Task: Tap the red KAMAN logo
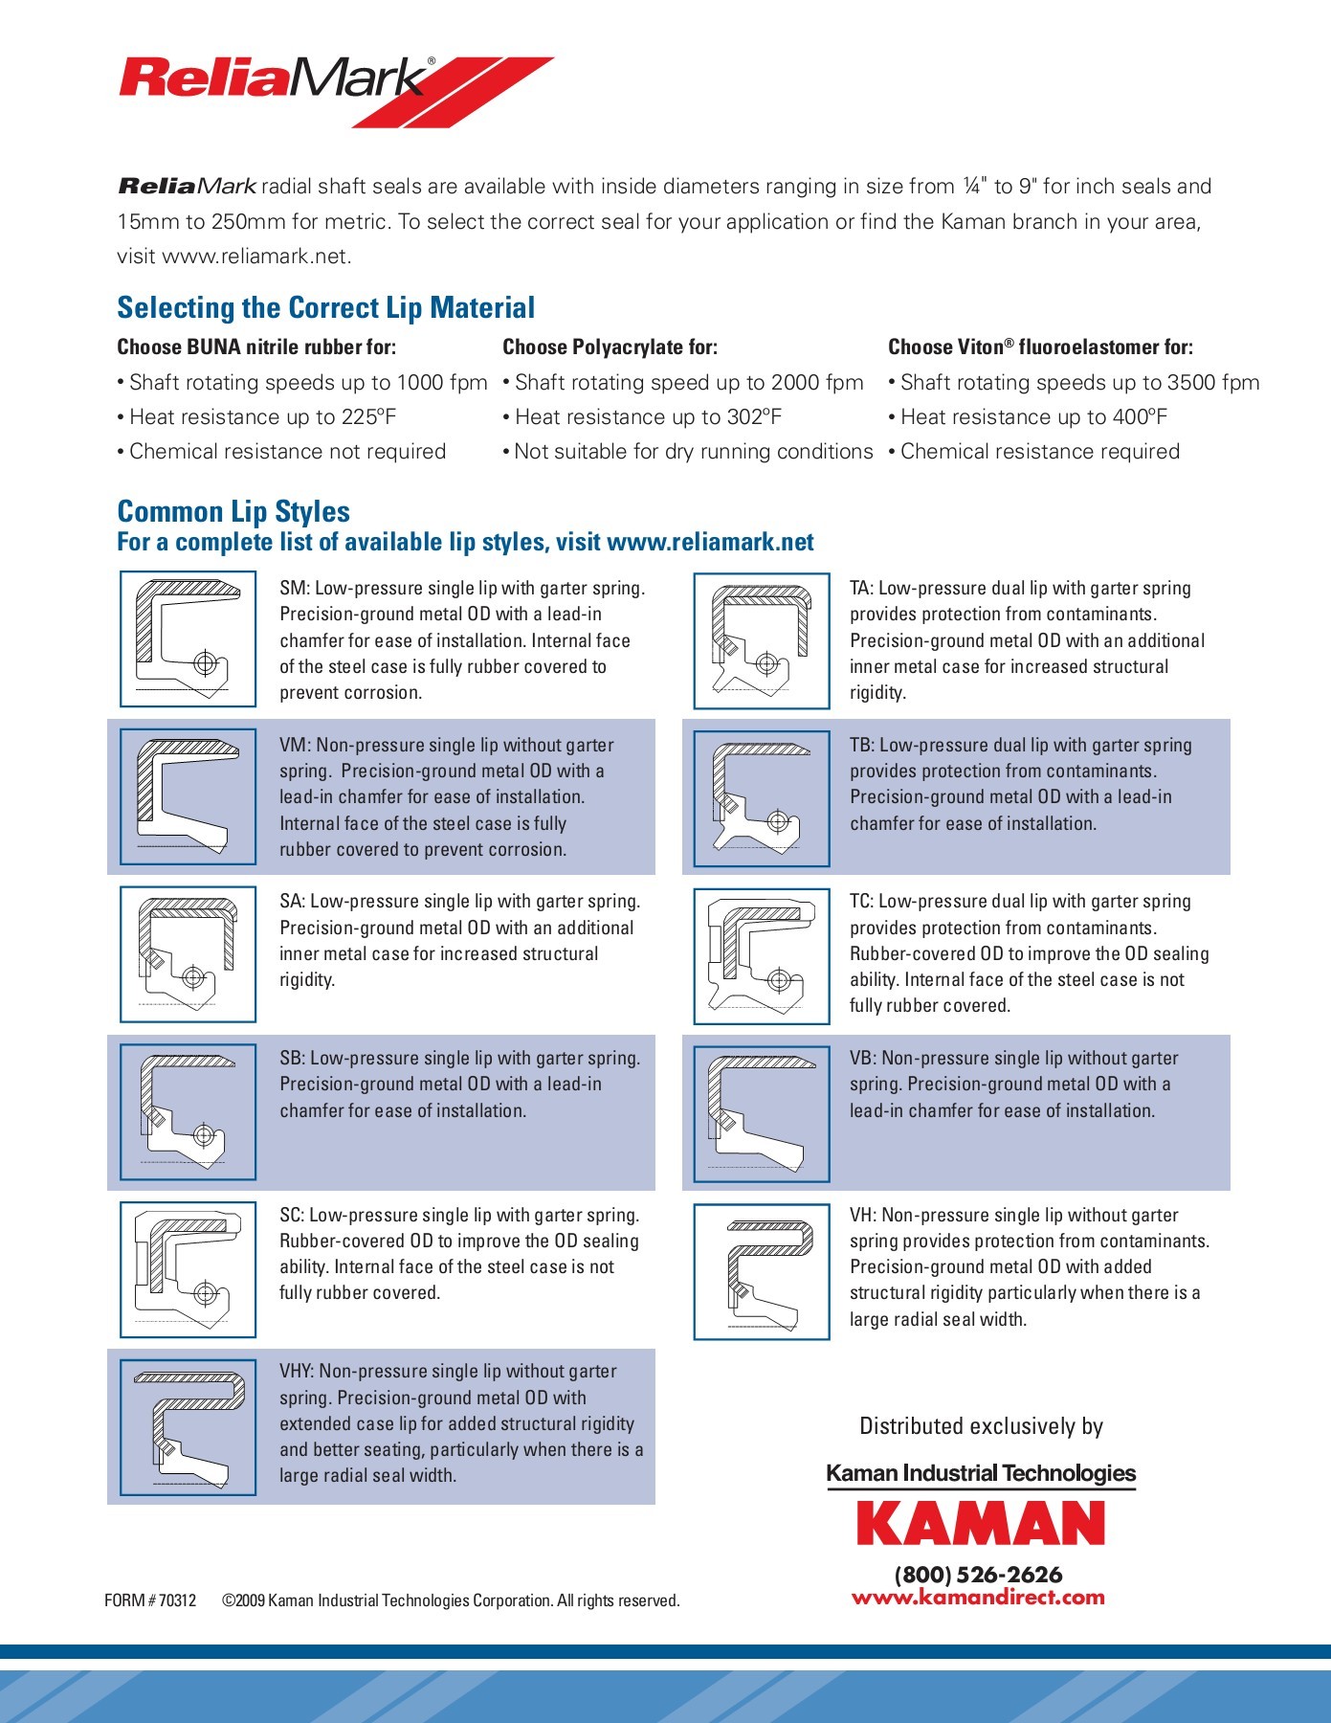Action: coord(980,1523)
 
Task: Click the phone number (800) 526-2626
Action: coord(978,1575)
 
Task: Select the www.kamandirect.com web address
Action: coord(978,1597)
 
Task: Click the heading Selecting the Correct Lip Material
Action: coord(325,308)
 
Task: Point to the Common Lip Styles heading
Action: coord(233,511)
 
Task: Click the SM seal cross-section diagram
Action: coord(189,638)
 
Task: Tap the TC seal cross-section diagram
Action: coord(762,955)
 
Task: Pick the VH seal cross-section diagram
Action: coord(762,1271)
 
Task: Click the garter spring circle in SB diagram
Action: coord(203,1136)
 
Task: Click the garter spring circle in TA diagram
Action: coord(765,662)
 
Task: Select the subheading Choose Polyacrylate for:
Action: coord(610,347)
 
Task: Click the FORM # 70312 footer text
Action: coord(150,1600)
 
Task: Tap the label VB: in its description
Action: coord(863,1059)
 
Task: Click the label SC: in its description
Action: coord(292,1216)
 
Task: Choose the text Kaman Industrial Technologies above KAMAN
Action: coord(980,1473)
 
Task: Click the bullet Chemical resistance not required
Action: coord(287,452)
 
